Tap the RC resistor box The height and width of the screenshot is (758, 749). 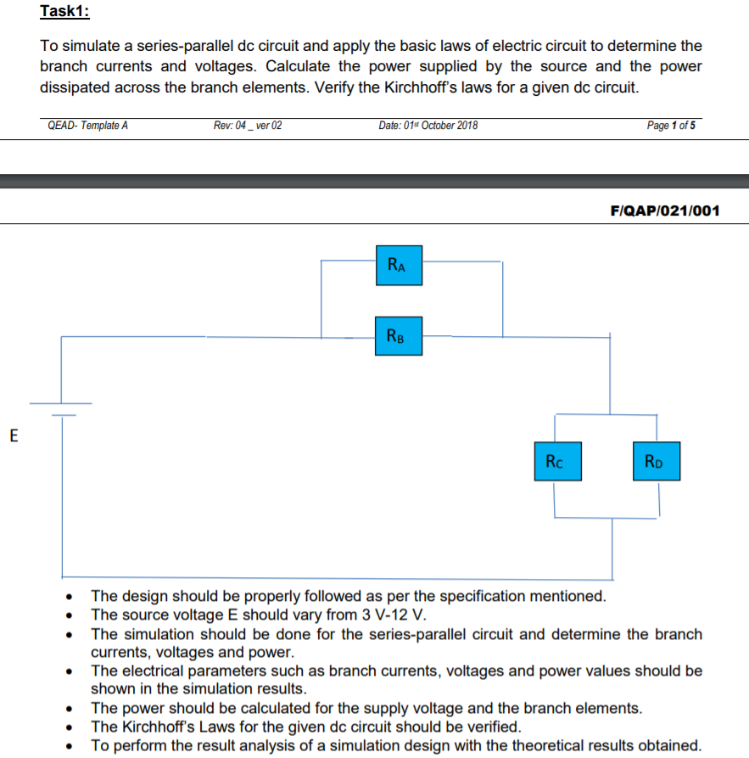coord(557,462)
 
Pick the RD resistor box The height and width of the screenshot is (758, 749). coord(657,462)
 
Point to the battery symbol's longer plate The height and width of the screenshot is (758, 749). coord(62,403)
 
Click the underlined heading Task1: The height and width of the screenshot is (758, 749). coord(64,12)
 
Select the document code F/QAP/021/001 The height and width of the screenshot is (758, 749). coord(664,210)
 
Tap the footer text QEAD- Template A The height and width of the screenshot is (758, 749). coord(88,126)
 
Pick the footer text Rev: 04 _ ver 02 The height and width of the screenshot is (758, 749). coord(248,126)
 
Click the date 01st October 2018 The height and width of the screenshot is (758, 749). coord(428,126)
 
